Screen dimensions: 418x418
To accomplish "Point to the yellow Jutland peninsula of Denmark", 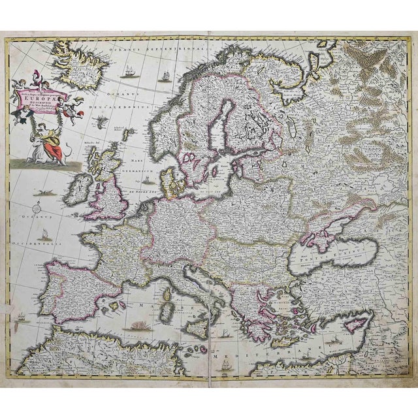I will (172, 182).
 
